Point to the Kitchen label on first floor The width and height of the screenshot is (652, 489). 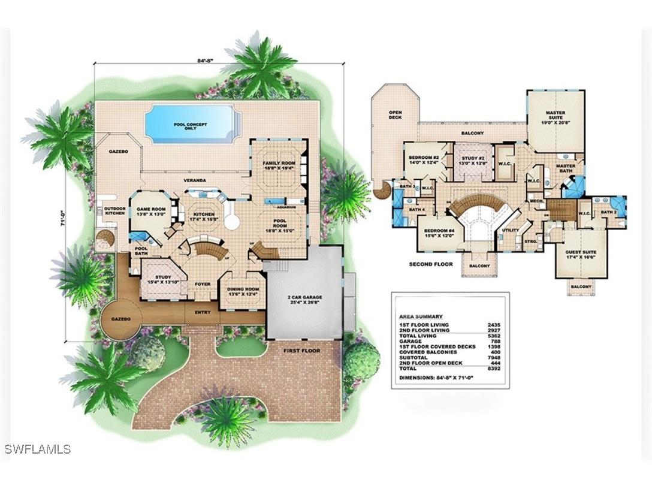click(204, 216)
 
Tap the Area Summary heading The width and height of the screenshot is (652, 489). click(421, 316)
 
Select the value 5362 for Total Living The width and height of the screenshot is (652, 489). click(495, 336)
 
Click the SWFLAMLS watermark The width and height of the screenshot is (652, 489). click(37, 449)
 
